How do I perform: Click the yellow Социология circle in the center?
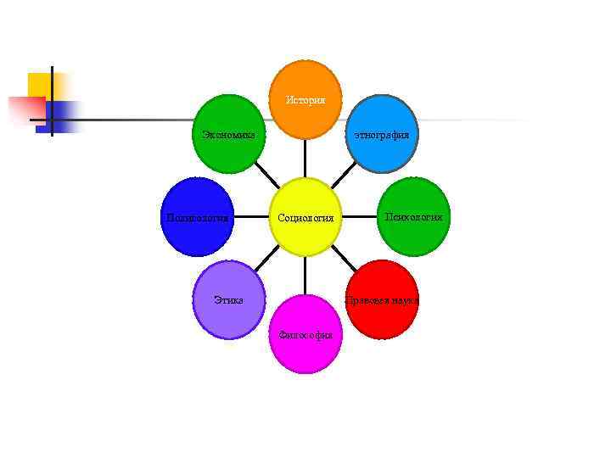point(305,217)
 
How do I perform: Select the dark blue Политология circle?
point(198,217)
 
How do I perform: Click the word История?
point(305,100)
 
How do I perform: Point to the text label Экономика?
point(229,133)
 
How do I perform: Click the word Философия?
point(305,334)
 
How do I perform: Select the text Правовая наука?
point(383,300)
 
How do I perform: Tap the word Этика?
point(229,299)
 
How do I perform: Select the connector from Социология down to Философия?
point(305,276)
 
